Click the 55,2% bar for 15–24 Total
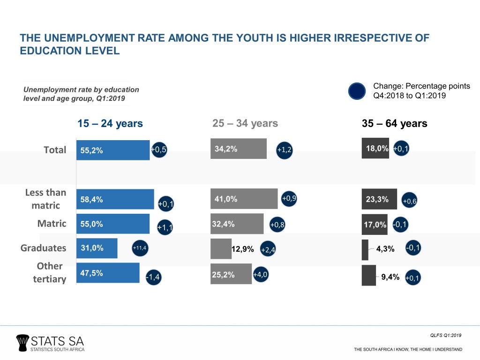pyautogui.click(x=112, y=150)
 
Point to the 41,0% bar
pyautogui.click(x=244, y=199)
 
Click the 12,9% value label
pyautogui.click(x=243, y=249)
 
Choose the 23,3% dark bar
pyautogui.click(x=379, y=199)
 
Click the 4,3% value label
pyautogui.click(x=385, y=249)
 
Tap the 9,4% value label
pyautogui.click(x=390, y=277)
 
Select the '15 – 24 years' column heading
pyautogui.click(x=110, y=124)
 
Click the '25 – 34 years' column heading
pyautogui.click(x=245, y=124)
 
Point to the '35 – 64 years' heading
pyautogui.click(x=394, y=124)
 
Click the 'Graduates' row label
pyautogui.click(x=44, y=248)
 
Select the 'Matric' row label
pyautogui.click(x=52, y=224)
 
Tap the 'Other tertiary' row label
pyautogui.click(x=50, y=272)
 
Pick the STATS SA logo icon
pyautogui.click(x=22, y=342)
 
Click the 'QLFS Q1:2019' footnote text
pyautogui.click(x=446, y=335)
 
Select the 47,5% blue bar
pyautogui.click(x=108, y=273)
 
